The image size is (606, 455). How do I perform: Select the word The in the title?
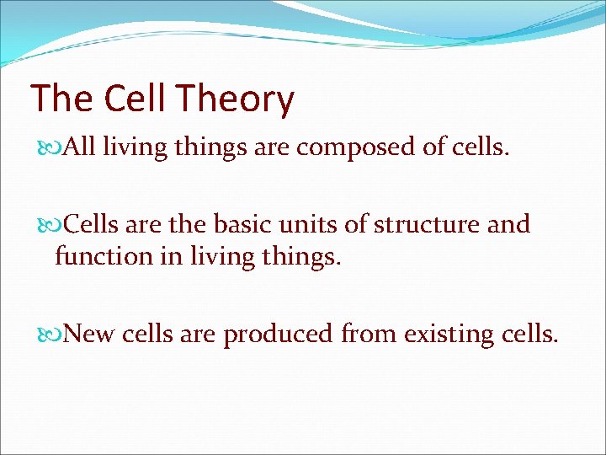[x=61, y=99]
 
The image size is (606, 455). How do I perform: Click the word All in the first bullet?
[x=80, y=147]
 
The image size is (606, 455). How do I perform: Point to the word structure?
[x=428, y=224]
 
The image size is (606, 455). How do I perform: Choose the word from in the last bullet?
[x=369, y=334]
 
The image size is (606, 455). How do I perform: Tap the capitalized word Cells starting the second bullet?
[x=91, y=224]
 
